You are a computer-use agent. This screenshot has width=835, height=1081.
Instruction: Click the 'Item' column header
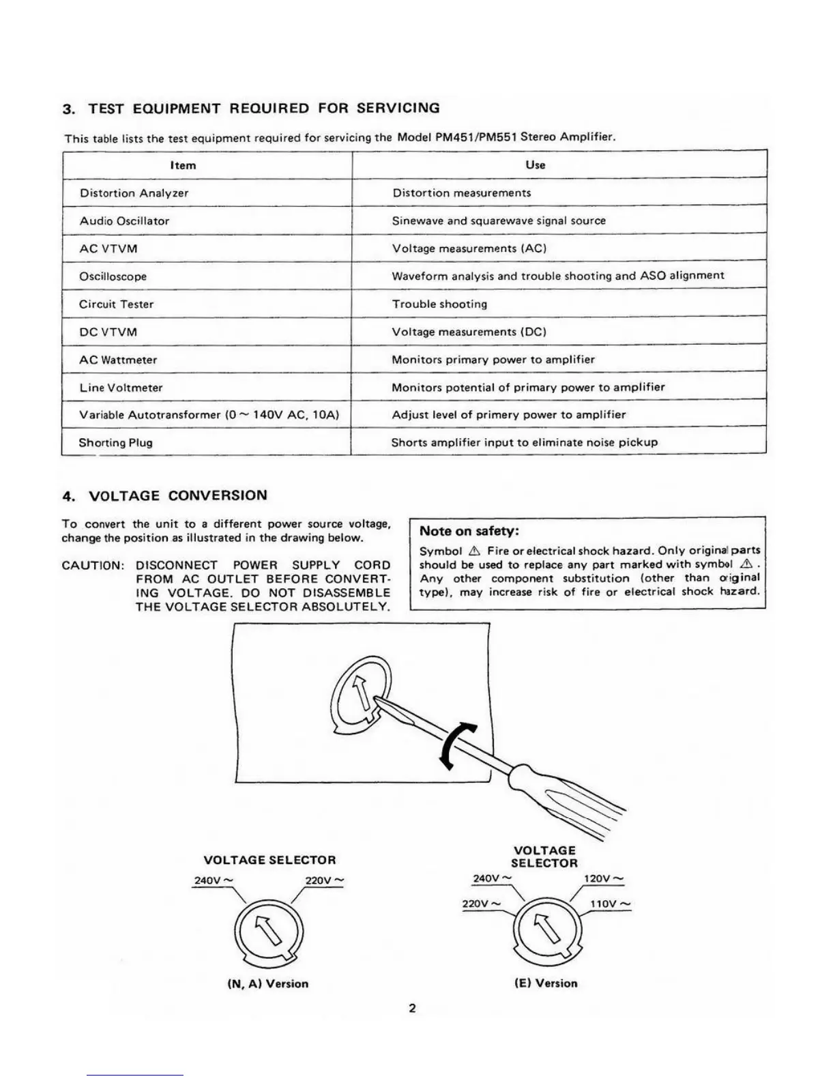pyautogui.click(x=183, y=165)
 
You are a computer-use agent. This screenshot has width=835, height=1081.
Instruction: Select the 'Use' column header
pyautogui.click(x=536, y=164)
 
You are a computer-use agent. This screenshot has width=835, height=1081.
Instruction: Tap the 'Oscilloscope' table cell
pyautogui.click(x=113, y=276)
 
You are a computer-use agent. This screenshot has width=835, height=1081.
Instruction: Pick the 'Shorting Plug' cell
pyautogui.click(x=116, y=442)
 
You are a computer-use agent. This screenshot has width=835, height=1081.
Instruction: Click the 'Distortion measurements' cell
pyautogui.click(x=461, y=192)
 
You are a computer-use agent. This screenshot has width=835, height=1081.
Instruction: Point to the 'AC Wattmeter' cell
pyautogui.click(x=118, y=360)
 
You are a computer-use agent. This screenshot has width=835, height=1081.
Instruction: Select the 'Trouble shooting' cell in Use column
pyautogui.click(x=439, y=304)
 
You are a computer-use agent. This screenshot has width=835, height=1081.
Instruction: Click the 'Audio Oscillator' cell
pyautogui.click(x=124, y=220)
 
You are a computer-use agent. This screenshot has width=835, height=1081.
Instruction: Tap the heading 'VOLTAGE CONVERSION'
pyautogui.click(x=178, y=495)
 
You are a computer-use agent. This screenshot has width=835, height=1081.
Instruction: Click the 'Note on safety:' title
pyautogui.click(x=469, y=531)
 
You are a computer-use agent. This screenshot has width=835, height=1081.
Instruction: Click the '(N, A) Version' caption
pyautogui.click(x=267, y=983)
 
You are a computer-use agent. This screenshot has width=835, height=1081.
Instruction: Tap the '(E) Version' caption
pyautogui.click(x=546, y=983)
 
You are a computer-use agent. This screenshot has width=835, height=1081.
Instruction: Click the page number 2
pyautogui.click(x=412, y=1008)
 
